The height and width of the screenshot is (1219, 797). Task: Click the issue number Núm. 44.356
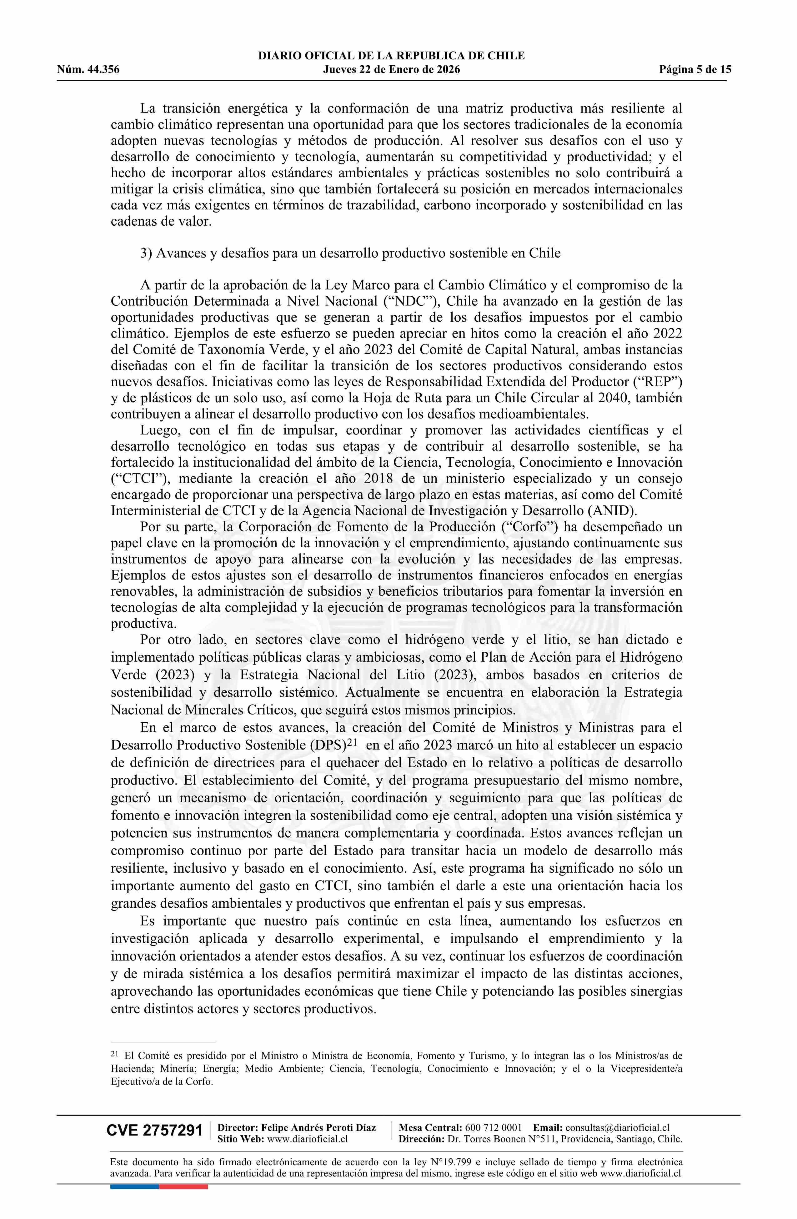(88, 70)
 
